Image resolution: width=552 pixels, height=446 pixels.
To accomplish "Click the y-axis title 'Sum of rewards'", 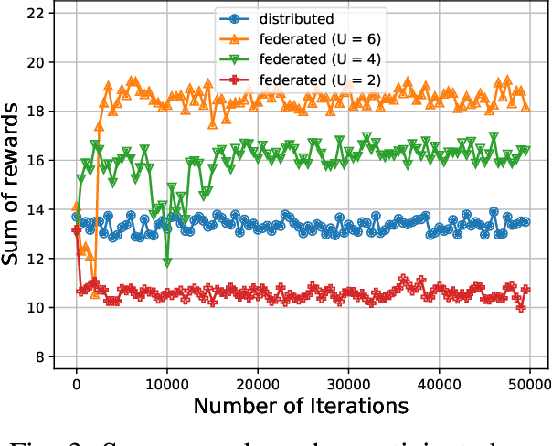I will click(x=13, y=186).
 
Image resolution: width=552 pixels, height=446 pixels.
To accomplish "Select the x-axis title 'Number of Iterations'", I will click(x=301, y=405).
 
